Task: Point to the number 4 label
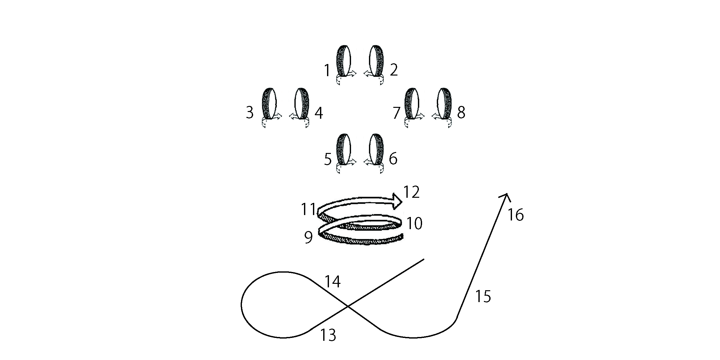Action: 319,113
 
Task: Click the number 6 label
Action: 393,159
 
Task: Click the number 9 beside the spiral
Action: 308,238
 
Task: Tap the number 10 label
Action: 414,224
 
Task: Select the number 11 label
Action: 308,210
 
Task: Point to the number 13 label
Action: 328,335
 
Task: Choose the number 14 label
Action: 333,282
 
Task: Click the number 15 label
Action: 483,297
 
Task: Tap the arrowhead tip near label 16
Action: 507,194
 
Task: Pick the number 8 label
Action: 461,113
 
